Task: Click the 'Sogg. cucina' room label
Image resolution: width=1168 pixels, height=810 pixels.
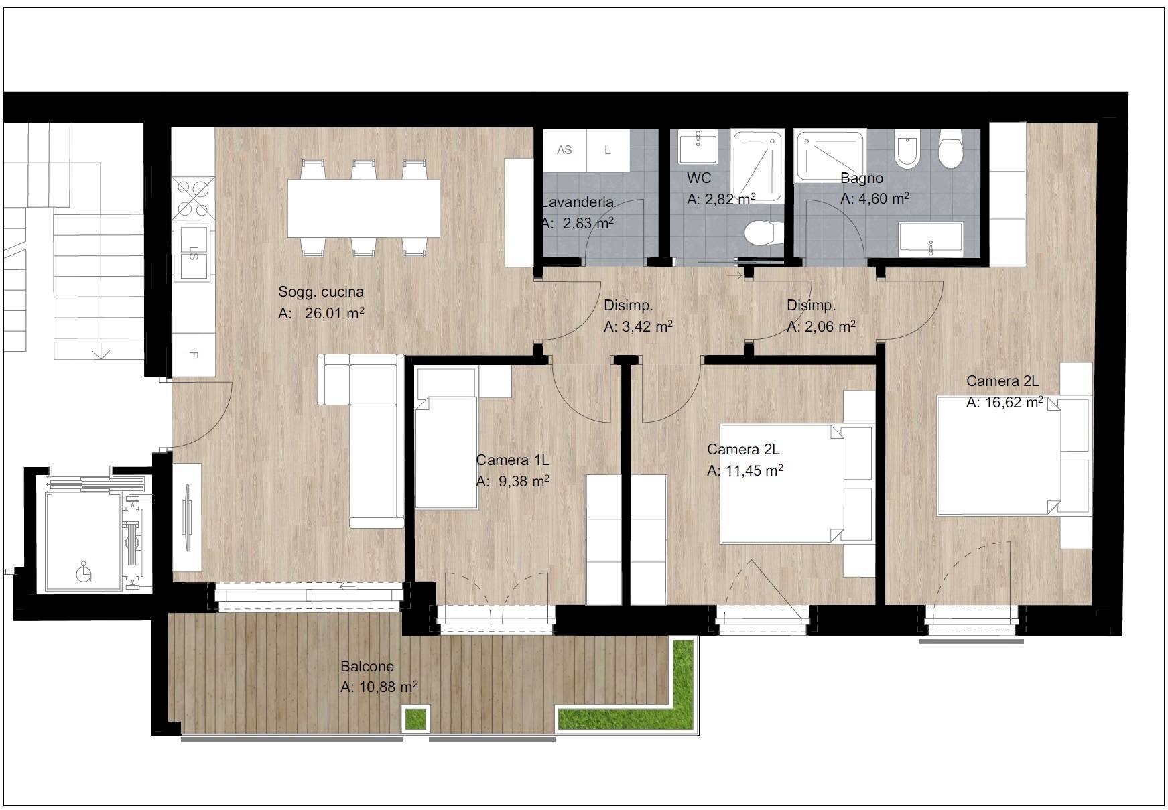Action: (321, 292)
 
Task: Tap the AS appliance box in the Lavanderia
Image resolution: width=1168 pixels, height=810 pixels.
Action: (565, 151)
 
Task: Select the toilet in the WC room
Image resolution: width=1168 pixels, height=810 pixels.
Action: (763, 233)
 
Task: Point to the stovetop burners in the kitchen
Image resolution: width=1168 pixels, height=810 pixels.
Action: (193, 198)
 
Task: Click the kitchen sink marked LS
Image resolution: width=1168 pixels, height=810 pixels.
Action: (193, 253)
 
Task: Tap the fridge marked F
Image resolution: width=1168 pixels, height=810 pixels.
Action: (194, 355)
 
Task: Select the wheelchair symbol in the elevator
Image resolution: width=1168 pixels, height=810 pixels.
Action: (84, 571)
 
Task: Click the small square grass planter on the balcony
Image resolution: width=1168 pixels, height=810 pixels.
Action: (415, 718)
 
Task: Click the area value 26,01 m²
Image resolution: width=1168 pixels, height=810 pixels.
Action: (334, 313)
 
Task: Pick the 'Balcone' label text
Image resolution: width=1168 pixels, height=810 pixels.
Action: (367, 667)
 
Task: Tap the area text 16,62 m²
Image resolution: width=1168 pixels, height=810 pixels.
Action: (1012, 402)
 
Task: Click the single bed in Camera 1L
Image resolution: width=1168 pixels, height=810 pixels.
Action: (446, 452)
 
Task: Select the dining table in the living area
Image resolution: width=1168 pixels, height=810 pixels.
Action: (364, 208)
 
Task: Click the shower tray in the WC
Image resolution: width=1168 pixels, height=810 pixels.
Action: (757, 166)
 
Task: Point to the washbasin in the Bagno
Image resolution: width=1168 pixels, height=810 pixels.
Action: (931, 239)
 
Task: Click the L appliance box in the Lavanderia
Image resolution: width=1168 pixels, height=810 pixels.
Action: (608, 151)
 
